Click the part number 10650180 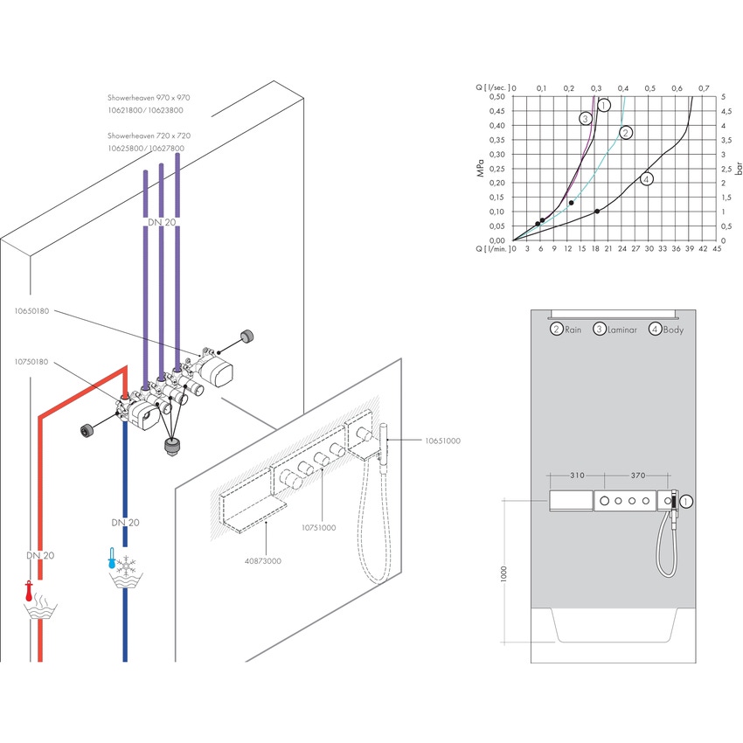pos(32,310)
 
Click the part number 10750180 pos(32,361)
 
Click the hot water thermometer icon pos(29,592)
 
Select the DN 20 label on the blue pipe pos(123,522)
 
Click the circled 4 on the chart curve pos(645,179)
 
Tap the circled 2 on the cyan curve pos(625,133)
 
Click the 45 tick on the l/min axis pos(717,249)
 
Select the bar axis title pos(740,167)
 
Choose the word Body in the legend pos(673,330)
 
